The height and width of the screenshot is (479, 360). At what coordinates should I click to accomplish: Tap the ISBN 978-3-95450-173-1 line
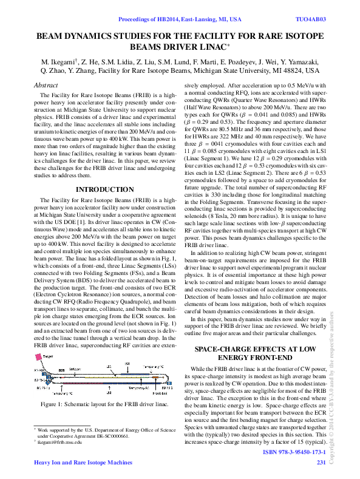click(294, 453)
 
